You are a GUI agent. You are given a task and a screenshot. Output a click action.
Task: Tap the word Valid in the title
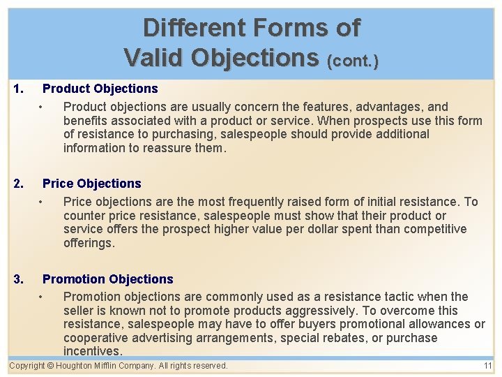coord(155,57)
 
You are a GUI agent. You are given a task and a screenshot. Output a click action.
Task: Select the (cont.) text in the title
coord(353,61)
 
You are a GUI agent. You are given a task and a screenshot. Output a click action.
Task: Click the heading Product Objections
coord(100,89)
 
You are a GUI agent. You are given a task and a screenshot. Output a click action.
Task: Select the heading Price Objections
coord(91,184)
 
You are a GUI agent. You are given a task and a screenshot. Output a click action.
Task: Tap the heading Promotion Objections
coord(107,279)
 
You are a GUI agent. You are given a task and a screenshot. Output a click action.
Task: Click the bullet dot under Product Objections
coord(42,108)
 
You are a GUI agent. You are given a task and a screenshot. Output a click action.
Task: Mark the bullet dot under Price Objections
coord(42,202)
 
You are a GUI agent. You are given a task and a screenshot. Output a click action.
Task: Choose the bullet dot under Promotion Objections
coord(42,297)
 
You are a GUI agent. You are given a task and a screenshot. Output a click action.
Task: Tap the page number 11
coord(487,366)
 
